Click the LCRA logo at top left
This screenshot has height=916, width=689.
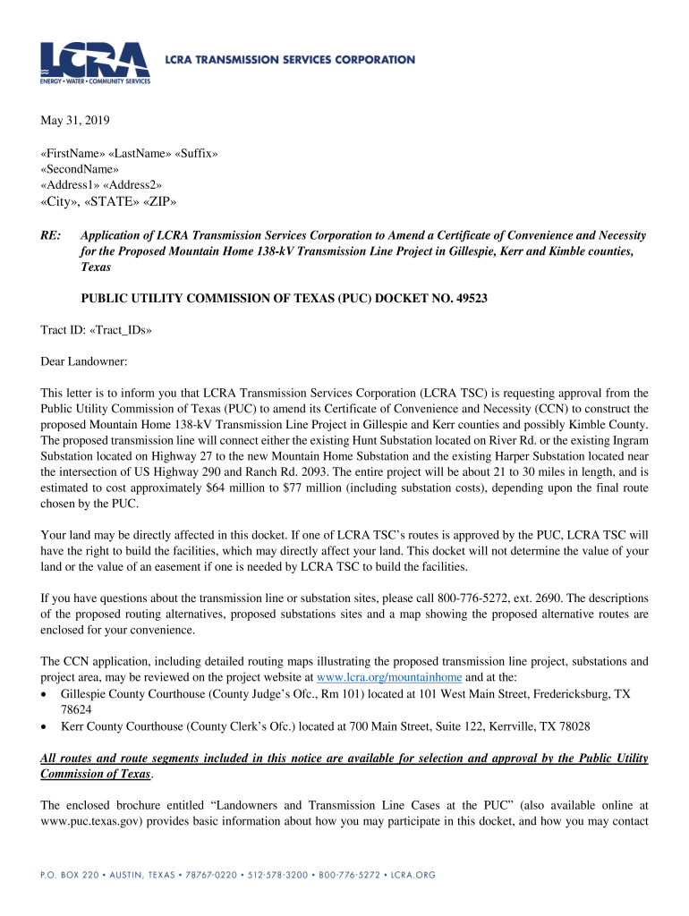pyautogui.click(x=94, y=62)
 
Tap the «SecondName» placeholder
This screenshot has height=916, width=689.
pyautogui.click(x=80, y=169)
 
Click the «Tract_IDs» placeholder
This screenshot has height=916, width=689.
pyautogui.click(x=118, y=330)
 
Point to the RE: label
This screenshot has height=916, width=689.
pyautogui.click(x=51, y=235)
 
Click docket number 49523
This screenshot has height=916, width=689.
pyautogui.click(x=468, y=298)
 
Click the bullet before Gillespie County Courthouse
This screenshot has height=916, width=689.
pyautogui.click(x=45, y=694)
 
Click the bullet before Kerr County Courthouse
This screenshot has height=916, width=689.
pyautogui.click(x=45, y=726)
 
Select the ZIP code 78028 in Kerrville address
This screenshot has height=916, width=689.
pyautogui.click(x=571, y=726)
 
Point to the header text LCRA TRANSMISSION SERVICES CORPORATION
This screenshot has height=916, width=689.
pyautogui.click(x=290, y=60)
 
